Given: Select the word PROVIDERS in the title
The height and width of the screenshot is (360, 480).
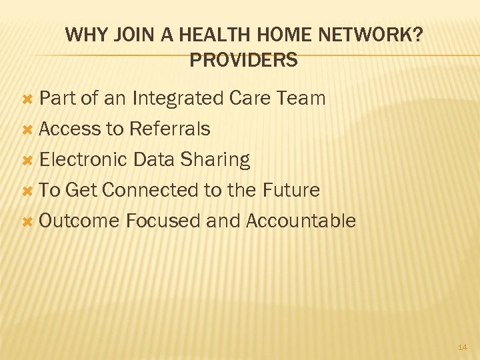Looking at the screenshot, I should [243, 61].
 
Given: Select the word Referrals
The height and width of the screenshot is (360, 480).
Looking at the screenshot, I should [170, 129].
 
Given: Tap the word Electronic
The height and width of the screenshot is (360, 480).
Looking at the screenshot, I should [83, 159].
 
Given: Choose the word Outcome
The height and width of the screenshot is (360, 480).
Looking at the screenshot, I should [79, 221].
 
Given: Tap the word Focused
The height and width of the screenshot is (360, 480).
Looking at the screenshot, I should [163, 221].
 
